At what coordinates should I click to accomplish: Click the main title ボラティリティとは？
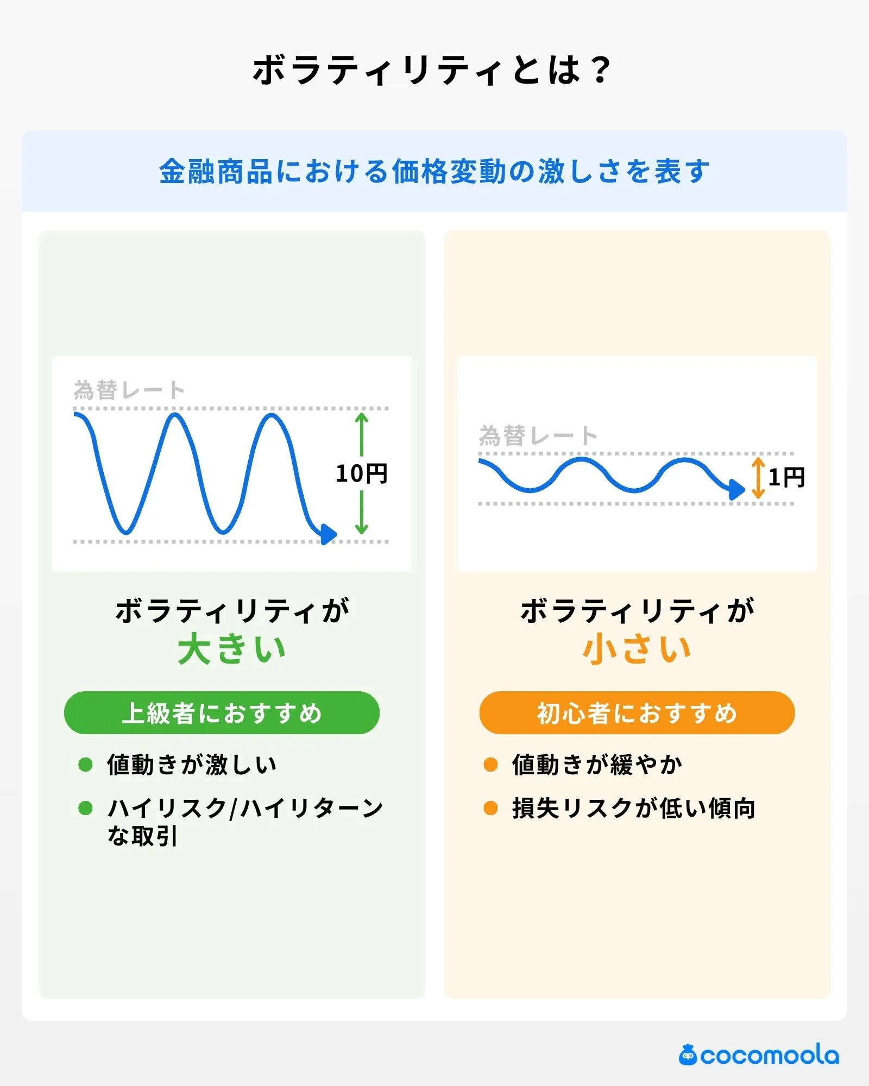(432, 71)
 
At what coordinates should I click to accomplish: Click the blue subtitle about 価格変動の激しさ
(434, 172)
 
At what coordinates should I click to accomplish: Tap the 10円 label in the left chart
(361, 473)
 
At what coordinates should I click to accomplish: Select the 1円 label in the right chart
(786, 478)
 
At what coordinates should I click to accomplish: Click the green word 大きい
(232, 649)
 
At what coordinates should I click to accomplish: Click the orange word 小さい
(637, 649)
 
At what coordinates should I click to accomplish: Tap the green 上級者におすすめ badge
(222, 713)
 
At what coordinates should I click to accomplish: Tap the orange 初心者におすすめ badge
(637, 713)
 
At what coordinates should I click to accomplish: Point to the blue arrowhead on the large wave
(328, 534)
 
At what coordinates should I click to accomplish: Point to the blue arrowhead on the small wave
(736, 489)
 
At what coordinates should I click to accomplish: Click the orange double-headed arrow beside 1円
(758, 478)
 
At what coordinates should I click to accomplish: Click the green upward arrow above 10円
(362, 434)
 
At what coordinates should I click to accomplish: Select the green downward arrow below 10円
(362, 513)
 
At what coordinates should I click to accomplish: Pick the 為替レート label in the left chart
(129, 390)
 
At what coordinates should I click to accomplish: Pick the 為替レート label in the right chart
(538, 435)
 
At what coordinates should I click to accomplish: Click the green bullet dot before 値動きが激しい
(86, 765)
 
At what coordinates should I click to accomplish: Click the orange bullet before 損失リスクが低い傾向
(490, 808)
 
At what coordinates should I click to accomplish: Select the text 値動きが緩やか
(597, 765)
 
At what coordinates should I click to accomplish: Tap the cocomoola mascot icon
(688, 1055)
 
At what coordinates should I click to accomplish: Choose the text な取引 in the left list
(142, 836)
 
